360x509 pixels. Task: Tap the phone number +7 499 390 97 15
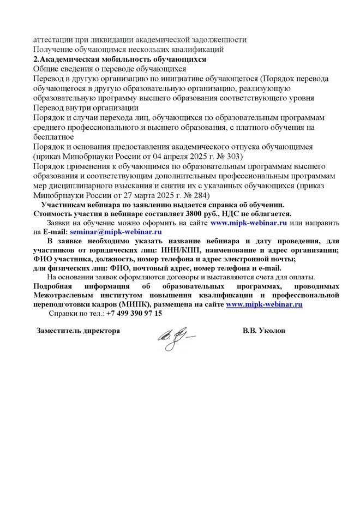coord(134,314)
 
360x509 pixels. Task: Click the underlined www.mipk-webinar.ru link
coord(264,304)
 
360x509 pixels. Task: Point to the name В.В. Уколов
coord(264,331)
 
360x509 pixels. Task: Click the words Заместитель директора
coord(78,331)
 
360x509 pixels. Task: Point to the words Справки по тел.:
coord(77,314)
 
